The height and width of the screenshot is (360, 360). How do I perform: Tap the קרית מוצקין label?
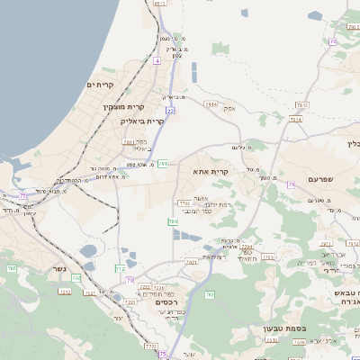[x=123, y=107]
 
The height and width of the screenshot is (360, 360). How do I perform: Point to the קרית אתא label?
[x=211, y=170]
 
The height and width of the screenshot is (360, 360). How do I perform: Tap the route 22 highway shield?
[x=169, y=111]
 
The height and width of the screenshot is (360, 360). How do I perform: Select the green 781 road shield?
[x=163, y=165]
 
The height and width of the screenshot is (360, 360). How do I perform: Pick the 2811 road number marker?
[x=129, y=141]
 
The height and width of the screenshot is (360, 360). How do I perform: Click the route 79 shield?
[x=292, y=184]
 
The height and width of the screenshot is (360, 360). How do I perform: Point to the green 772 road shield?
[x=120, y=268]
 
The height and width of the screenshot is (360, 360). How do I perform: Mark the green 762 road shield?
[x=209, y=294]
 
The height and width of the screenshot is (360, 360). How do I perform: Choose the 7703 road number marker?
[x=184, y=204]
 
